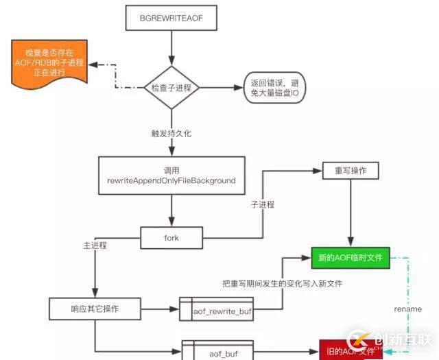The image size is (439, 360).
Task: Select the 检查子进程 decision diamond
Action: click(x=171, y=88)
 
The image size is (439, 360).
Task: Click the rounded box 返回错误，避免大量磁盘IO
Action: click(x=276, y=88)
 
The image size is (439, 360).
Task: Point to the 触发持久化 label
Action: click(x=171, y=133)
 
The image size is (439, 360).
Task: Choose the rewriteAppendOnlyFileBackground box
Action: click(x=171, y=175)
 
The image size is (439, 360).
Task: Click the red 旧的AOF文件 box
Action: click(x=351, y=350)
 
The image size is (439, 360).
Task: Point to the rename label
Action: click(x=408, y=309)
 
